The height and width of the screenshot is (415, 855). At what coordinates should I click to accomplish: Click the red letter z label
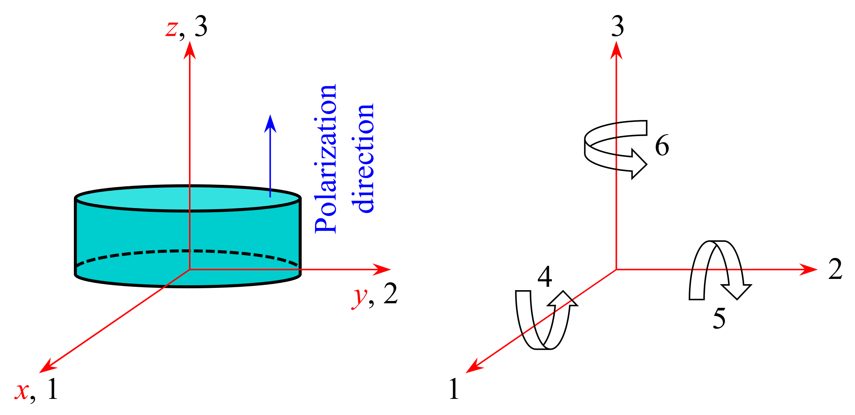(172, 28)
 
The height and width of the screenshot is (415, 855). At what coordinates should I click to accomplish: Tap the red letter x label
(22, 391)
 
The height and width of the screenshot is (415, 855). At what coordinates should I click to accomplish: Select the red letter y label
(360, 297)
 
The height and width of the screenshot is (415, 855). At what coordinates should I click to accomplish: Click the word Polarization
(325, 159)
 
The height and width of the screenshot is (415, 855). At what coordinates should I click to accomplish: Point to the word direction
(363, 158)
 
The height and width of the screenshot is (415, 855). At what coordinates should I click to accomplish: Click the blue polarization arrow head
(270, 124)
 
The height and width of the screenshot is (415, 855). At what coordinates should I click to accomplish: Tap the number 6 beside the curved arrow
(662, 145)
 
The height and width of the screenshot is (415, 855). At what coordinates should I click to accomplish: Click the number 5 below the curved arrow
(719, 319)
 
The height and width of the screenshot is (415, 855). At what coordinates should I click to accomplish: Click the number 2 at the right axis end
(835, 269)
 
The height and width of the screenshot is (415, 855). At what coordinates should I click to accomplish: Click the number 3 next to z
(201, 27)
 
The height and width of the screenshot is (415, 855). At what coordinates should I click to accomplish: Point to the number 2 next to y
(390, 294)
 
